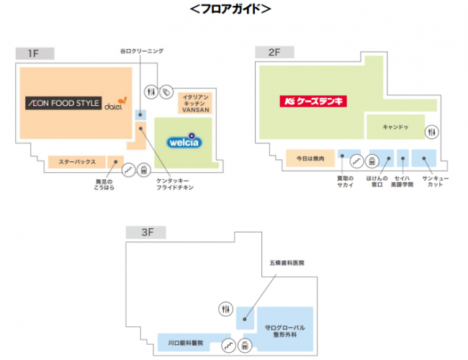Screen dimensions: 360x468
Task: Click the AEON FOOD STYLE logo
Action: coord(63,103)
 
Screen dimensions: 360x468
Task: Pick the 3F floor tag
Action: coord(148,232)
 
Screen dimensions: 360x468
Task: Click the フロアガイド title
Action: coord(230,9)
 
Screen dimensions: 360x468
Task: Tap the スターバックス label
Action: coord(77,162)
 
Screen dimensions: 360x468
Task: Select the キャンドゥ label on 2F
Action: coord(395,127)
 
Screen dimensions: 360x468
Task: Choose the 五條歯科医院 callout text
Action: coord(287,264)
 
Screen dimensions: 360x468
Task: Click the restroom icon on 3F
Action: coord(225,309)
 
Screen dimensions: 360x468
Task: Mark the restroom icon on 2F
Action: coord(431,132)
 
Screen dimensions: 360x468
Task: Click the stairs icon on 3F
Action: coord(228,345)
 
